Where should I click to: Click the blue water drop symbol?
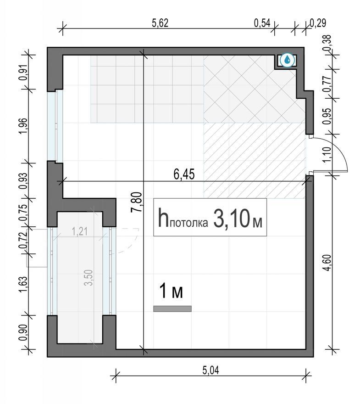tap(287, 61)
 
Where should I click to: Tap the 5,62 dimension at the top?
tap(160, 23)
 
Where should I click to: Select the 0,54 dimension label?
tap(262, 23)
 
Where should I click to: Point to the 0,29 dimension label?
tap(318, 23)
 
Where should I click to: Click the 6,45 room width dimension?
tap(184, 174)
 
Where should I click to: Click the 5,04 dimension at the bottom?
tap(210, 370)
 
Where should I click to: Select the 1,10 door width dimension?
tap(326, 155)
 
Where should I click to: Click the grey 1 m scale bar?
tap(172, 309)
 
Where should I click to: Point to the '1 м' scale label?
tap(172, 291)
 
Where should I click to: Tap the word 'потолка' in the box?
tap(188, 223)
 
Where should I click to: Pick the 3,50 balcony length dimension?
tap(89, 277)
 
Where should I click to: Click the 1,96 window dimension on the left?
tap(23, 126)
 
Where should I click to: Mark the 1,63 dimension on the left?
tap(23, 285)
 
